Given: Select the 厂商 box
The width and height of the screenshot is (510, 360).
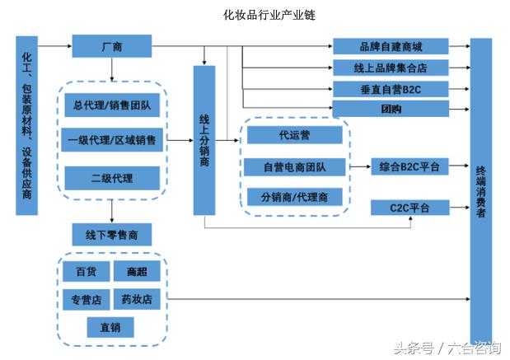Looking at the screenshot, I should (111, 46).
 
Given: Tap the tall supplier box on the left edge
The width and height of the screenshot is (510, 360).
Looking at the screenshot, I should (26, 124).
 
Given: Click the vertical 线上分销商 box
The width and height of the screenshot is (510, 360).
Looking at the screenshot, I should (204, 140).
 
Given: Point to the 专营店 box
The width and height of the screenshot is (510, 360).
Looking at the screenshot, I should (87, 298).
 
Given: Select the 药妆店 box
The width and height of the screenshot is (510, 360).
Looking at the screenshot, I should (137, 298).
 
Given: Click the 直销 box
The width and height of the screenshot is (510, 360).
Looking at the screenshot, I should (111, 327).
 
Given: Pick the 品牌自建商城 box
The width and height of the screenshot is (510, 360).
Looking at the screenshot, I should (391, 46).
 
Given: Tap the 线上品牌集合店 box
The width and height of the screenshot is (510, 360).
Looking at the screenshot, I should (391, 68).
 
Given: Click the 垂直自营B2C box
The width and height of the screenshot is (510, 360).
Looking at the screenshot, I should (391, 88).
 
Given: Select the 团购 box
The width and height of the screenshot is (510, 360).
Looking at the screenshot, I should (391, 109).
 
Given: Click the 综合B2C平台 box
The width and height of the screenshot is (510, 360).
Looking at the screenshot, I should (409, 167).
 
